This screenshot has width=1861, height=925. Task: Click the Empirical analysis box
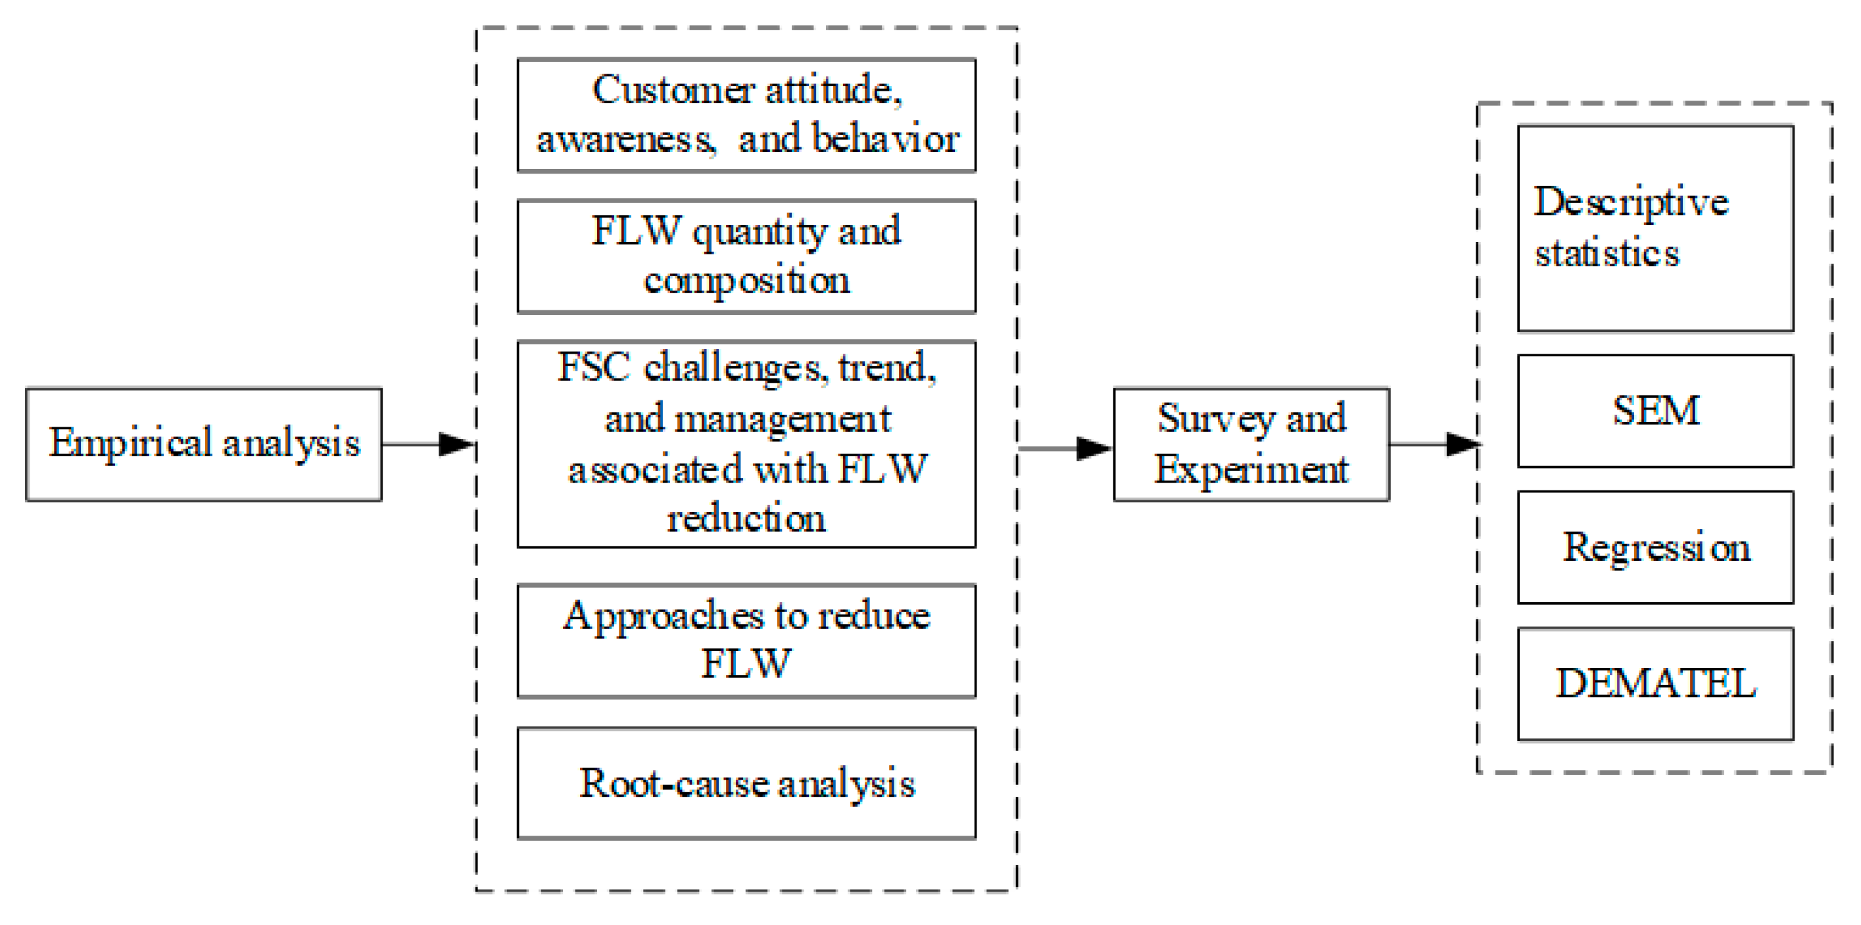[203, 444]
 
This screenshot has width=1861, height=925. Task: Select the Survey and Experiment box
[1251, 444]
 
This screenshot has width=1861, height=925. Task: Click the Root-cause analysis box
[746, 784]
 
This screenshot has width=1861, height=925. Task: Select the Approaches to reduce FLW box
[746, 640]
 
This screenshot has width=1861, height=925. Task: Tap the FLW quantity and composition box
[746, 256]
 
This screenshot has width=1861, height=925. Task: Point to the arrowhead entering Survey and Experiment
[1093, 448]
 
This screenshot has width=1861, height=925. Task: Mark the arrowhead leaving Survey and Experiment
[1462, 444]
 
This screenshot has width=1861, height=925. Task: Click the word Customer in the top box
[673, 90]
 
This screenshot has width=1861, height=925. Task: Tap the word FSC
[593, 367]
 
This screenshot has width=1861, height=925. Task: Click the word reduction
[746, 519]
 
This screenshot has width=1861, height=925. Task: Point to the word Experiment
[1251, 470]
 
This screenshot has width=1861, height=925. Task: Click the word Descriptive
[1631, 202]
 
